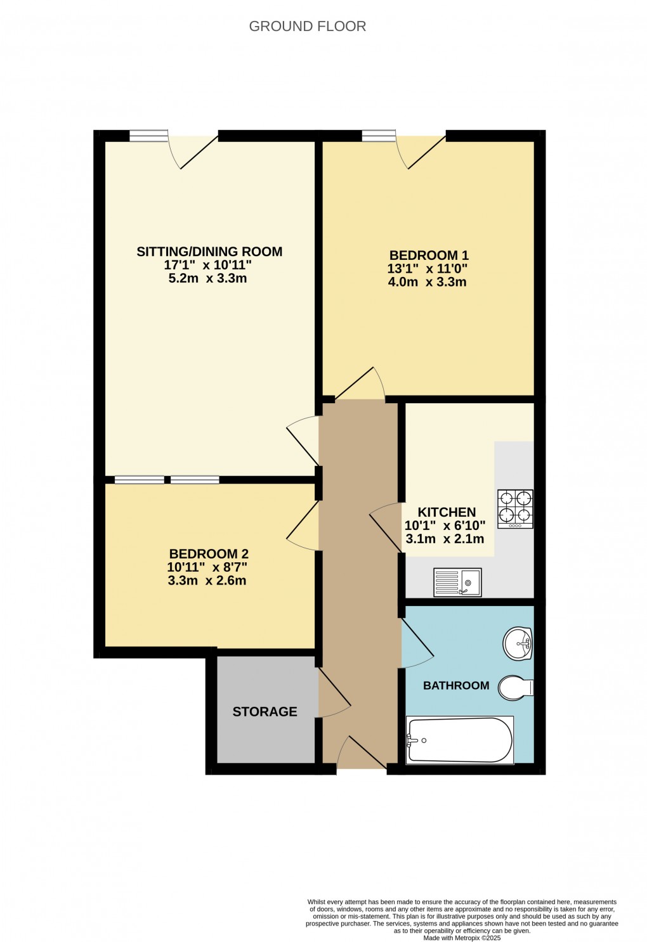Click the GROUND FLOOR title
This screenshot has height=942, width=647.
(x=307, y=27)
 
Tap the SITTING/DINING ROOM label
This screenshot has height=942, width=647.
(x=209, y=252)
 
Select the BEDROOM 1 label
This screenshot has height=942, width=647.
(x=429, y=255)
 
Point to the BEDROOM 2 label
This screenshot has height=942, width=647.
(x=209, y=554)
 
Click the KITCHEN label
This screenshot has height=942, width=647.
(x=447, y=512)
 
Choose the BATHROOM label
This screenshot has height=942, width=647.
(x=456, y=685)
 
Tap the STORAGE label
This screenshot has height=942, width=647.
(x=265, y=712)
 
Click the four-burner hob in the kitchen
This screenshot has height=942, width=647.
(x=515, y=508)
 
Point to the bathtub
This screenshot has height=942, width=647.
(x=460, y=740)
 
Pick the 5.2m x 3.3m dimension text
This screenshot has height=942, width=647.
(x=207, y=278)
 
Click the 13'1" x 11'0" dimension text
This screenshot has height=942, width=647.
(x=428, y=269)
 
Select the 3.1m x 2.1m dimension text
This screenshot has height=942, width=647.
(x=445, y=539)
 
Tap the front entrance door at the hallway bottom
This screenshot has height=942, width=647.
(x=362, y=754)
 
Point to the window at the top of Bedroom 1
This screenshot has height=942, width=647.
(x=379, y=135)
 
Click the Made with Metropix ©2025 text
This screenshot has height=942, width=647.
(x=462, y=938)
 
